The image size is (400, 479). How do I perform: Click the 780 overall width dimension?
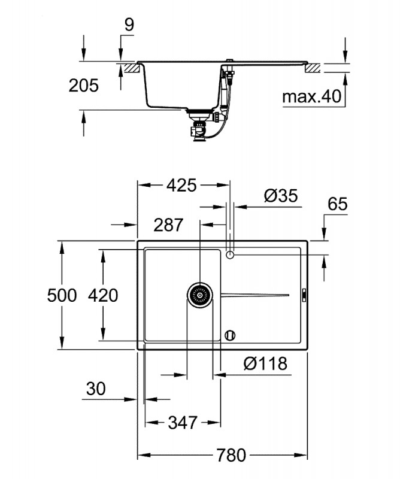click(x=231, y=456)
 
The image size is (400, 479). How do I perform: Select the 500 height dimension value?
click(x=62, y=296)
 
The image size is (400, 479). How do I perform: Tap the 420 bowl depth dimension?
click(x=103, y=296)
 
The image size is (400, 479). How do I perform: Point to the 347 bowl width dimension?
click(x=183, y=423)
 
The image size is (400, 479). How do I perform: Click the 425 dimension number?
click(x=181, y=186)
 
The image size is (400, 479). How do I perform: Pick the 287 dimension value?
click(x=168, y=225)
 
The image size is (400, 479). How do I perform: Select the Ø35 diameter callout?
click(x=281, y=196)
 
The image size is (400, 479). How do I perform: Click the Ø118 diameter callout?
click(x=265, y=363)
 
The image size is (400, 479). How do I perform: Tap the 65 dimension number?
click(x=338, y=204)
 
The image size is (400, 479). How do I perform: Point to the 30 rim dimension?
click(x=96, y=389)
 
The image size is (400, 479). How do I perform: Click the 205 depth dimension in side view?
click(x=83, y=86)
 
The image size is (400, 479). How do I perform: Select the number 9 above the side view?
click(x=129, y=25)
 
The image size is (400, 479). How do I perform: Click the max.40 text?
click(x=312, y=96)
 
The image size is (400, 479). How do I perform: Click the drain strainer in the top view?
click(x=200, y=295)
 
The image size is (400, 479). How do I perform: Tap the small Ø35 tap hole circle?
click(x=230, y=254)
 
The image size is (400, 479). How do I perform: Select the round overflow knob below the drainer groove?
click(x=230, y=335)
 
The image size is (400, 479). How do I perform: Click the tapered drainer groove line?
click(x=255, y=295)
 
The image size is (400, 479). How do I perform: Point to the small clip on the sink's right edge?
click(x=304, y=295)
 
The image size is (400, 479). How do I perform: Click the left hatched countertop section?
click(x=132, y=68)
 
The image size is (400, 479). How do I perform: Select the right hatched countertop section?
click(x=312, y=68)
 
